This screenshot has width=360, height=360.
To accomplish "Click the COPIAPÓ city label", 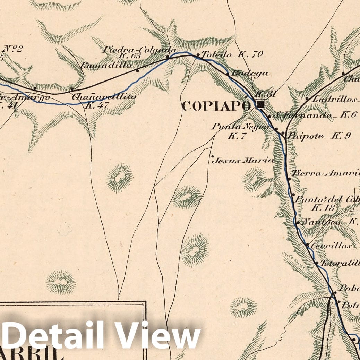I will tap(216, 105).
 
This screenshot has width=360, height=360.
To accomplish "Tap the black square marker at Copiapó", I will tap(260, 104).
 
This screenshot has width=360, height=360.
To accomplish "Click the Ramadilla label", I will tap(106, 65).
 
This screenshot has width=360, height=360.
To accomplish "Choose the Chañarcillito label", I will tap(104, 97).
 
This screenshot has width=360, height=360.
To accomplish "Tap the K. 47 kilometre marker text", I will tap(97, 106).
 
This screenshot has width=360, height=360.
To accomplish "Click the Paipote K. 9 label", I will tap(319, 136).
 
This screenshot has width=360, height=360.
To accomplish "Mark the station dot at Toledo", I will tap(198, 55).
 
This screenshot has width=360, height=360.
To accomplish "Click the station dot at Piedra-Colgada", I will tap(168, 57).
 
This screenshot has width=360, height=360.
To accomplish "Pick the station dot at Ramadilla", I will tap(137, 71).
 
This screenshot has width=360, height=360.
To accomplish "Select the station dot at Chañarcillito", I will tap(72, 89).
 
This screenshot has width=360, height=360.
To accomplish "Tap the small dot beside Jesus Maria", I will tap(212, 156).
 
